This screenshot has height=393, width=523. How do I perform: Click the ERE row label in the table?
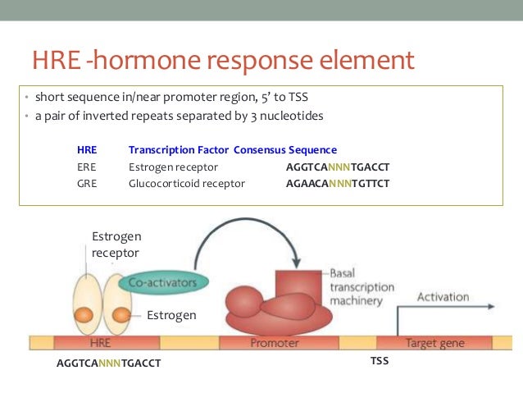(x=86, y=167)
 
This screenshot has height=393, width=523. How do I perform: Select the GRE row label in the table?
(x=87, y=183)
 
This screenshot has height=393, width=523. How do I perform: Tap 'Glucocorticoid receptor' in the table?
(x=187, y=183)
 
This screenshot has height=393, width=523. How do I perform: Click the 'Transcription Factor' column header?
(x=179, y=150)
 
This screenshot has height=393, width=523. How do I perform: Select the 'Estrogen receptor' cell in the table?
(x=170, y=167)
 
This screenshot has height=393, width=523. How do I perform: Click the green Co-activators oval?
(x=164, y=281)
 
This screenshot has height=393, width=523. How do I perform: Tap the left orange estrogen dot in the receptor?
(x=83, y=313)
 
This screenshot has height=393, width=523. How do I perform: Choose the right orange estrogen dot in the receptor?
(x=122, y=313)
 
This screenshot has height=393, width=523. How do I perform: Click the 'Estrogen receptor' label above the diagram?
(x=115, y=244)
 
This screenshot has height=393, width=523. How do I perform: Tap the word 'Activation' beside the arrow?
(x=443, y=296)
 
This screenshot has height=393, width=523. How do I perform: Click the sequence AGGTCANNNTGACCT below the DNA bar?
(x=108, y=363)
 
